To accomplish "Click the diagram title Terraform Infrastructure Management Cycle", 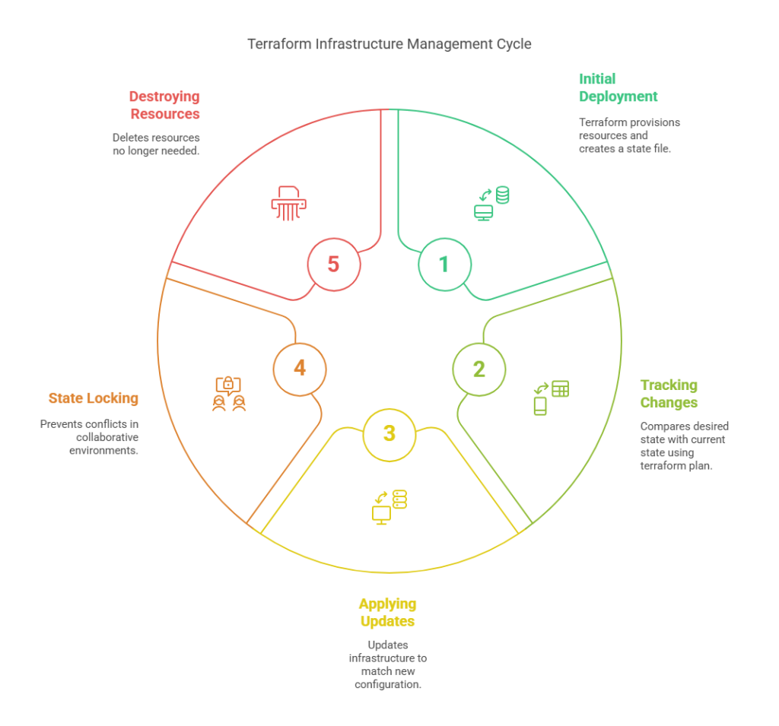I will [x=389, y=44].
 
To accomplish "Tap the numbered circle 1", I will [x=445, y=264].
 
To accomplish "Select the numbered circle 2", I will [x=479, y=369].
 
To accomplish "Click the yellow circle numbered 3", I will [x=389, y=434].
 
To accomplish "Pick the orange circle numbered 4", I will [x=300, y=368].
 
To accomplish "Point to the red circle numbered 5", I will [x=333, y=264].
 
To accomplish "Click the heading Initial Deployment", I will [x=618, y=87].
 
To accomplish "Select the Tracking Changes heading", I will [x=668, y=394].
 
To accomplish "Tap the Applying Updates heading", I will [x=388, y=613].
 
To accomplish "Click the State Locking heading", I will [x=94, y=398].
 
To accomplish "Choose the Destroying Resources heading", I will [x=164, y=105].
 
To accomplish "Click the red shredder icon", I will [x=286, y=203].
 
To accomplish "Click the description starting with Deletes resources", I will [x=156, y=144].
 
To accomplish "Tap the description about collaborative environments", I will [x=90, y=436].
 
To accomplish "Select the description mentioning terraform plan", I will [x=683, y=445].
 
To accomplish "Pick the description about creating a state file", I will [x=629, y=135].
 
